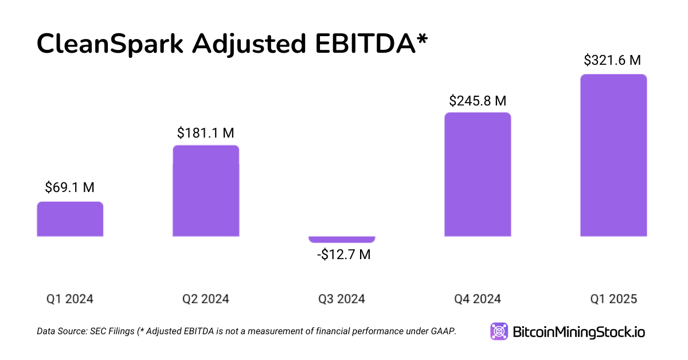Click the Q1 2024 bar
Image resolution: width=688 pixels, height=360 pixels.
70,219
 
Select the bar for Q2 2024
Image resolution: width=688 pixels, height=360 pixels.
206,191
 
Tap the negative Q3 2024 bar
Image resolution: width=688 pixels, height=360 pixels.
342,239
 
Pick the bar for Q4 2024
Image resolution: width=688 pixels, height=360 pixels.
478,174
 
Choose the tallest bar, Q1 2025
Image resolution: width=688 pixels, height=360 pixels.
613,155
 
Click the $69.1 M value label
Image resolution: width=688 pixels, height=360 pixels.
70,187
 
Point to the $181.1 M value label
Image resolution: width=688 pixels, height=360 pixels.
206,133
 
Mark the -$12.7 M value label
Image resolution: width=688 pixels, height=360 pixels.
343,255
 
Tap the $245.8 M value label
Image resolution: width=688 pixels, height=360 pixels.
478,101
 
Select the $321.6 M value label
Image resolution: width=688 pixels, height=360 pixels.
612,60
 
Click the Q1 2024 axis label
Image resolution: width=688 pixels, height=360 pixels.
70,299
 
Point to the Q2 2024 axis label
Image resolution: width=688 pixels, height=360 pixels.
206,299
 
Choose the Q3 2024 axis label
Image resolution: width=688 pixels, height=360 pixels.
342,299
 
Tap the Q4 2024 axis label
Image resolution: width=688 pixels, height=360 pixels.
478,299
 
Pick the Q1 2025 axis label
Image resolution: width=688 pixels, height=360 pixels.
613,299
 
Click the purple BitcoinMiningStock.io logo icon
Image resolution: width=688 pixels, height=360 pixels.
499,331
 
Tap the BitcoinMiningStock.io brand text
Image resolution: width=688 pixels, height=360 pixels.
578,332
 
